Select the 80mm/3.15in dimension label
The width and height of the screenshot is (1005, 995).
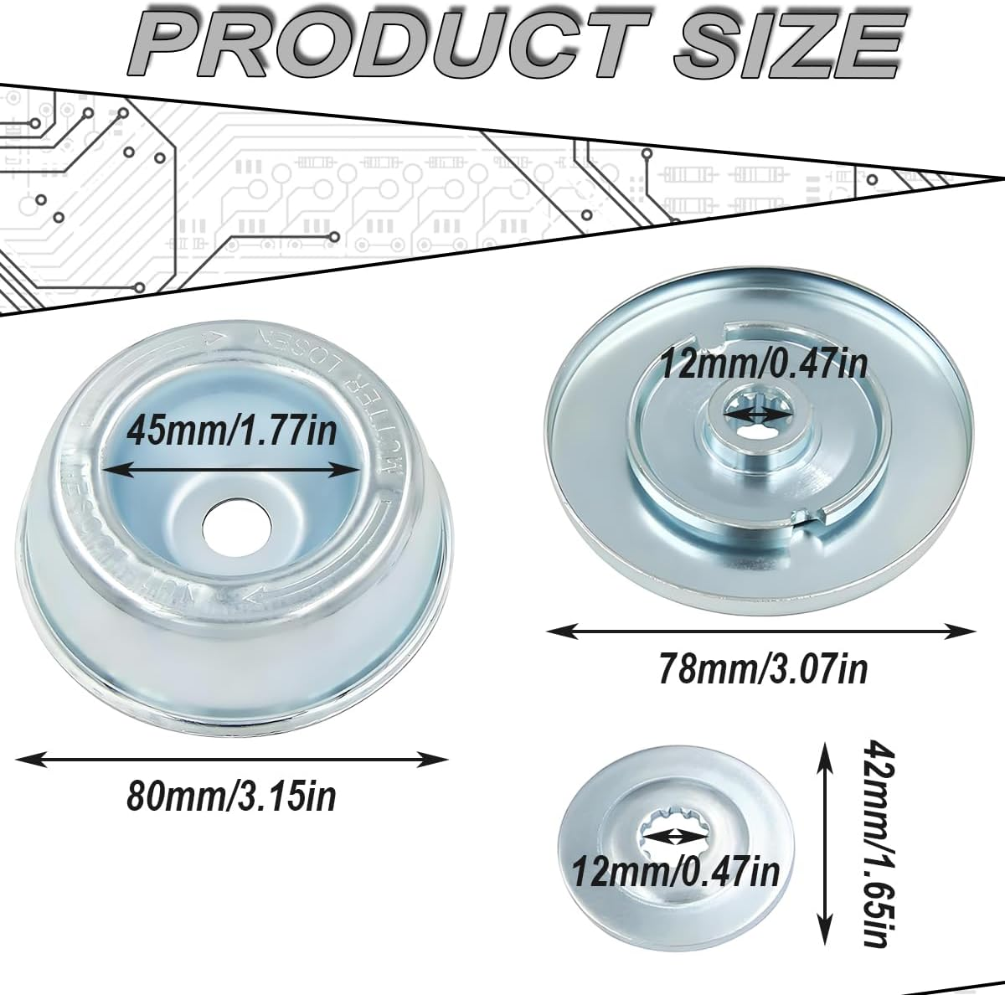231,797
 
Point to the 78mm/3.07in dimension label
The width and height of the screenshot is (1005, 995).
762,669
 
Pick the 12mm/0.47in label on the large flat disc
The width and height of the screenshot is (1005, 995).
763,366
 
